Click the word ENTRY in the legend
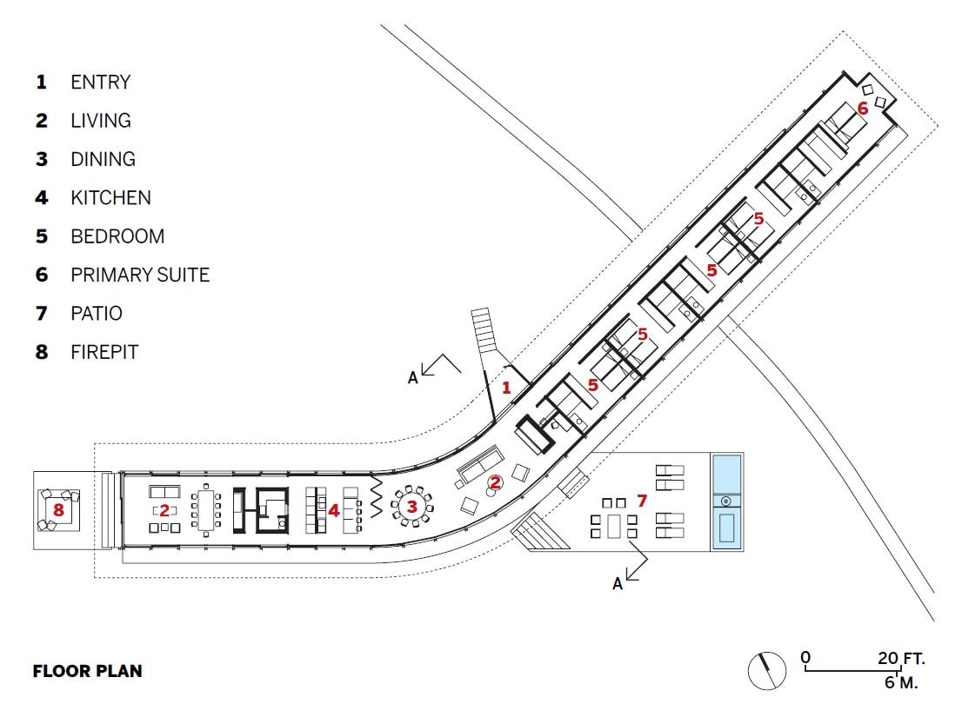coord(101,82)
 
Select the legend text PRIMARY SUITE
coord(140,275)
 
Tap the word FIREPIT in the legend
coord(104,352)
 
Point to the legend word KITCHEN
coord(110,197)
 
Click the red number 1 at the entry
coord(506,388)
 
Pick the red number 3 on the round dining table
coord(412,507)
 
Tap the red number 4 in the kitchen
coord(334,510)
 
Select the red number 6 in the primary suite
coord(863,109)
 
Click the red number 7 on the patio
coord(642,501)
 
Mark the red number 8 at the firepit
coord(58,510)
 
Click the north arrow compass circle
coord(767,670)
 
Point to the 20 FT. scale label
coord(900,659)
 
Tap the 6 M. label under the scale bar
coord(901,682)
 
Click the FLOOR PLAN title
coord(87,671)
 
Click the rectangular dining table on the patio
coord(614,527)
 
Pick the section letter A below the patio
coord(618,584)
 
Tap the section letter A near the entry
coord(413,378)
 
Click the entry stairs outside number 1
coord(482,329)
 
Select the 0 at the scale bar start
coord(805,658)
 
